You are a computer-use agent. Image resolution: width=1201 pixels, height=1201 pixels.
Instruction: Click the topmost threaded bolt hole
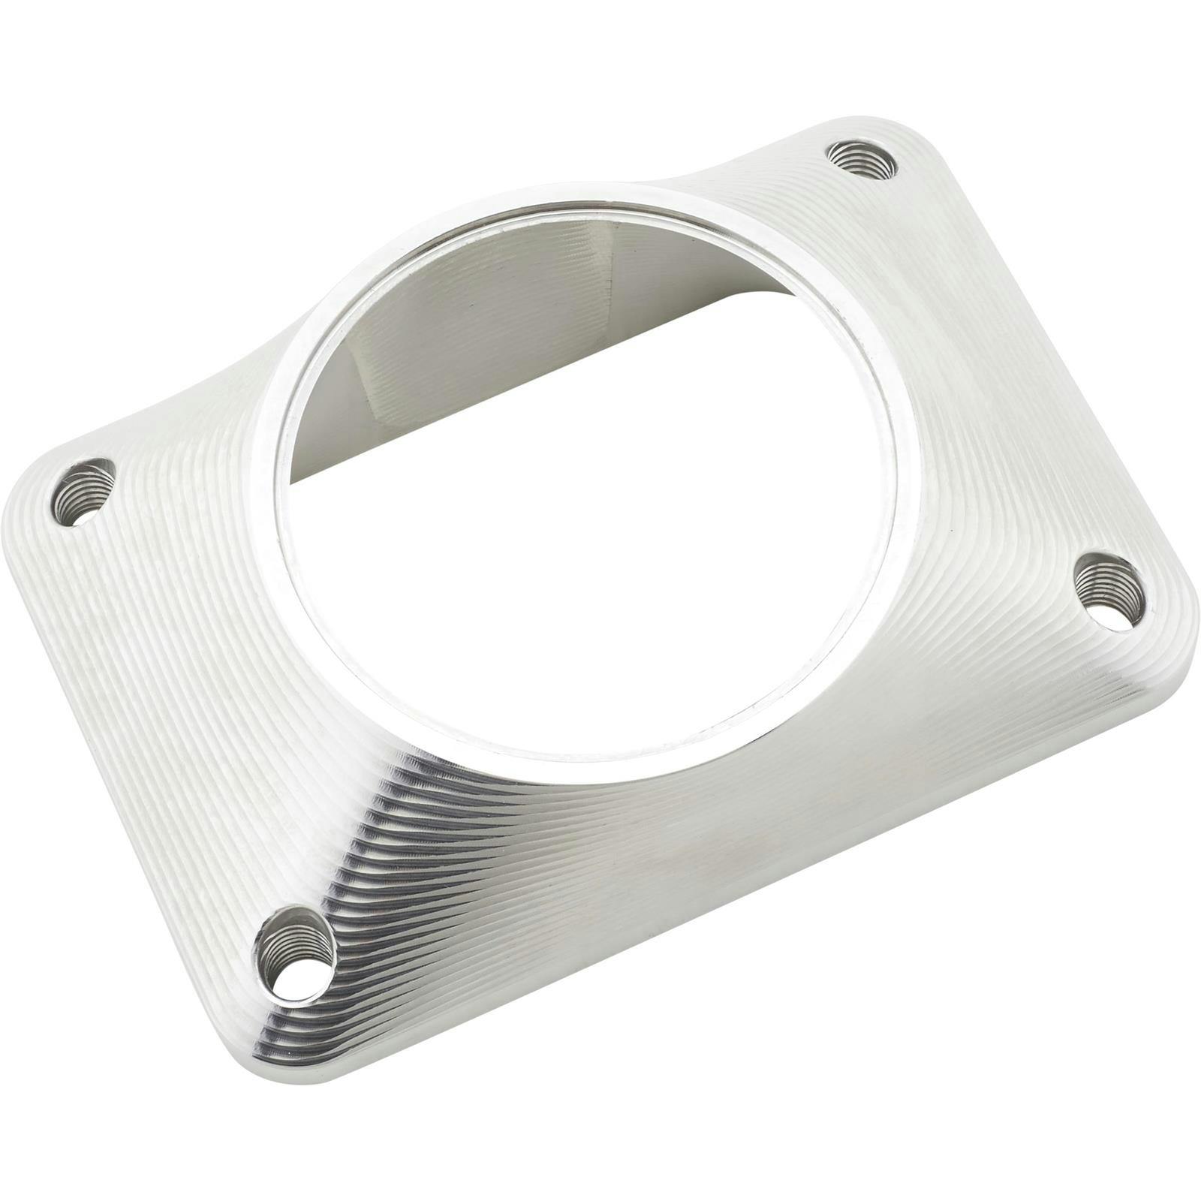pos(862,160)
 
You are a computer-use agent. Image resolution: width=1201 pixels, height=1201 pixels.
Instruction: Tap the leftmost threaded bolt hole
pos(84,492)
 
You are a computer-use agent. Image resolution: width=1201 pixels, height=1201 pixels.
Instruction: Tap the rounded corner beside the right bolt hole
pos(1171,623)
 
